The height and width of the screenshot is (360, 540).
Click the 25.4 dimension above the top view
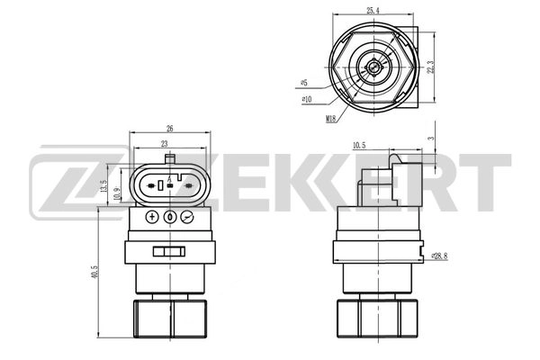pyautogui.click(x=371, y=11)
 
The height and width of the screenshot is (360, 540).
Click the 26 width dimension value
pyautogui.click(x=170, y=129)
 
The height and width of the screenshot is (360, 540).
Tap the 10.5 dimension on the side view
pyautogui.click(x=357, y=144)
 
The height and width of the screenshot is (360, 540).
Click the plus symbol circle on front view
pyautogui.click(x=151, y=218)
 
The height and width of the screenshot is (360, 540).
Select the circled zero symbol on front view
pyautogui.click(x=169, y=218)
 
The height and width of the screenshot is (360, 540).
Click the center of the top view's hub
pyautogui.click(x=371, y=65)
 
